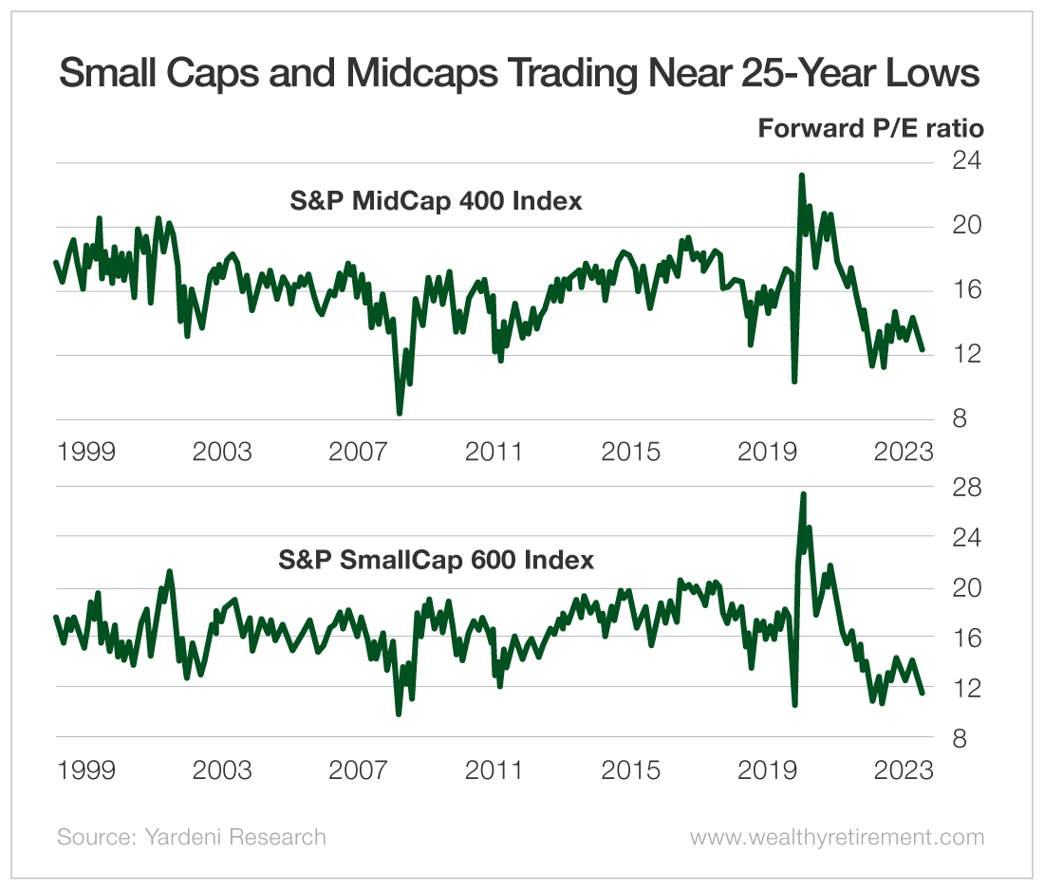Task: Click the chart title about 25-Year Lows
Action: tap(520, 73)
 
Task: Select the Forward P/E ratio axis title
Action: tap(870, 128)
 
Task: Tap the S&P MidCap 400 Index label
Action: tap(436, 201)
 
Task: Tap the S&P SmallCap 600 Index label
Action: tap(436, 560)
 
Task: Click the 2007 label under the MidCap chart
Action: tap(359, 451)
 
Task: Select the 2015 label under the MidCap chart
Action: tap(631, 451)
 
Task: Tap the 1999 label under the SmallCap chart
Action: tap(86, 769)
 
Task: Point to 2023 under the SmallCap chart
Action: tap(904, 769)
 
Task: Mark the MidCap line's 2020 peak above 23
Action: tap(802, 176)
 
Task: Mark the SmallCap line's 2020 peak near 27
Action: tap(803, 494)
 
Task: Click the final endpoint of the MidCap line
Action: tap(922, 349)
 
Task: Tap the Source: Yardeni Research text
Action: tap(191, 837)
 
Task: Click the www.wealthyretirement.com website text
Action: tap(836, 837)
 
